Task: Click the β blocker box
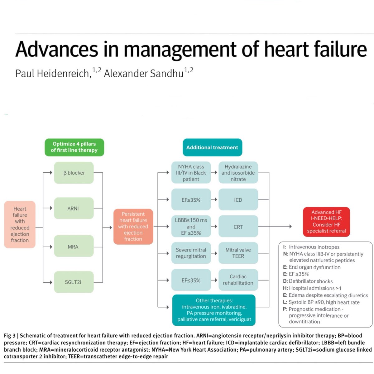(x=74, y=173)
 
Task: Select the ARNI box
(x=74, y=208)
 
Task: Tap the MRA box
(x=74, y=247)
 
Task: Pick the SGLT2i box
(x=74, y=282)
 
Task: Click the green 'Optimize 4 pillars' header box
(x=74, y=147)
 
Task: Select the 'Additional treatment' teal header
(x=212, y=147)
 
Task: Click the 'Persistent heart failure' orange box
(x=133, y=227)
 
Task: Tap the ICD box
(x=238, y=200)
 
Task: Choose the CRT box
(x=238, y=227)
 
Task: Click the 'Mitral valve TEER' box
(x=238, y=253)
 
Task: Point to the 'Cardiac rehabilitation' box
(x=238, y=280)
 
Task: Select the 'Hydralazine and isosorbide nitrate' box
(x=238, y=173)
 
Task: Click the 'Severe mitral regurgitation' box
(x=191, y=253)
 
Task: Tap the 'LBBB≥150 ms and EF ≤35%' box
(x=191, y=227)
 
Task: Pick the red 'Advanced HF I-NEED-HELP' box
(x=326, y=222)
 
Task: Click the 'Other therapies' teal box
(x=214, y=310)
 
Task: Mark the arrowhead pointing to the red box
(x=290, y=227)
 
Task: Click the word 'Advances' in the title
(x=57, y=49)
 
